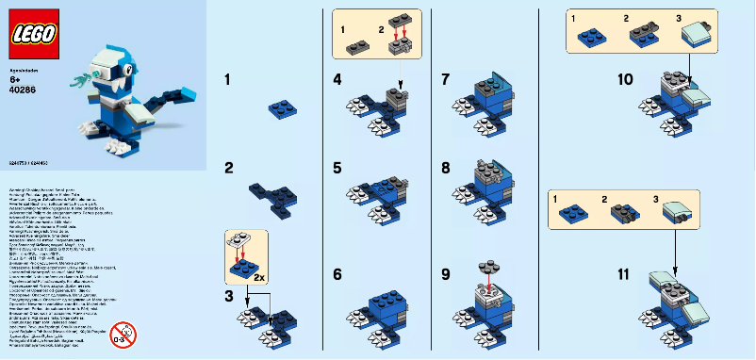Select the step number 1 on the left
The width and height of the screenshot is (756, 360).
click(x=228, y=80)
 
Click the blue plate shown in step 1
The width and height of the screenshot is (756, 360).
click(x=278, y=111)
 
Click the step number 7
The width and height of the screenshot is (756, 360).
click(x=446, y=80)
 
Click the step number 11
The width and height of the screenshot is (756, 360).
click(x=623, y=274)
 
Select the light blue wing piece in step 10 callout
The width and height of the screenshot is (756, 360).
click(x=698, y=36)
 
